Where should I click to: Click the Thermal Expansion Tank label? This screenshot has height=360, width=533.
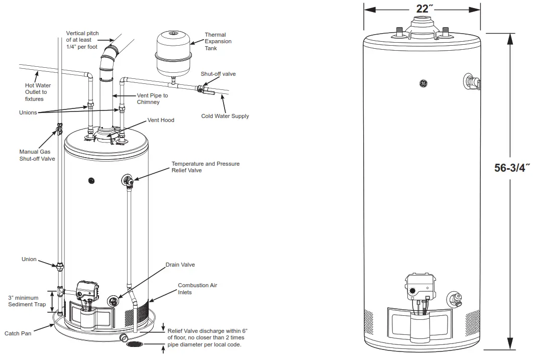[x=218, y=42]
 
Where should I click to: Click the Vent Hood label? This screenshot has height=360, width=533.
[x=160, y=121]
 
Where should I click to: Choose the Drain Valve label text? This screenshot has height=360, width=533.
[x=180, y=265]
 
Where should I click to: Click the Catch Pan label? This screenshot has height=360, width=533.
[x=18, y=333]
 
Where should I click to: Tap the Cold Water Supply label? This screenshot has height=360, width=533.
[x=225, y=116]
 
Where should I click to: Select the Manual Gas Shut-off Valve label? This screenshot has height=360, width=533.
[x=37, y=155]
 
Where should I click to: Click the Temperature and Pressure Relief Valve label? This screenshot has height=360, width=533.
[x=205, y=167]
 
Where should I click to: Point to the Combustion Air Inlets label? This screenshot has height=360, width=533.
[x=197, y=289]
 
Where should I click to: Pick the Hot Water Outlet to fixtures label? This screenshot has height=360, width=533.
[x=36, y=92]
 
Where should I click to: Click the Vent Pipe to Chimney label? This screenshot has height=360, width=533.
[x=152, y=99]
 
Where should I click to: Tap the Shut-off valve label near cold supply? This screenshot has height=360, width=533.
[x=218, y=74]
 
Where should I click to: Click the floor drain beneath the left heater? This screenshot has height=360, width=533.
[x=134, y=345]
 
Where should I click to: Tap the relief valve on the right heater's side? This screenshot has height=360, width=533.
[x=472, y=82]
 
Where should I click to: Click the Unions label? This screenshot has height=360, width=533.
[x=28, y=112]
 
